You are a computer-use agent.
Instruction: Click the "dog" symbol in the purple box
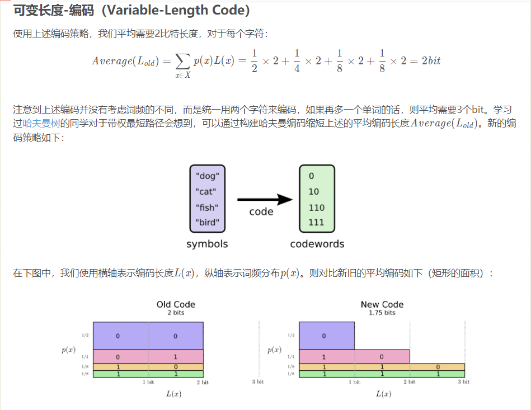207,176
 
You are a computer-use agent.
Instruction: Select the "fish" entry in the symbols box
207,207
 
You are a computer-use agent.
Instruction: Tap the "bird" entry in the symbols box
207,223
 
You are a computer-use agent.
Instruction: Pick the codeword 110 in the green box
316,207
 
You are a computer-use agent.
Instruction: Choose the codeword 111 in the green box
316,223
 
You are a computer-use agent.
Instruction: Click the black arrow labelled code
265,200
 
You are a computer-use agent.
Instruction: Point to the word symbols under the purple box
207,244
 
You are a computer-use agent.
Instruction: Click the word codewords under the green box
317,244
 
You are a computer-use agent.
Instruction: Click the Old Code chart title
176,304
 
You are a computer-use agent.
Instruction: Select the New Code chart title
382,304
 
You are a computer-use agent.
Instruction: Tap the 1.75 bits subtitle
382,313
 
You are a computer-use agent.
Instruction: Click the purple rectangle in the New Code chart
327,336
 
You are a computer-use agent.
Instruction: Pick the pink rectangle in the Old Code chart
148,356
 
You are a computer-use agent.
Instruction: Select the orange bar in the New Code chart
382,367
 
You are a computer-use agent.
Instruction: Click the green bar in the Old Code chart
148,374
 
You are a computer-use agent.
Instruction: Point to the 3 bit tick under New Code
463,381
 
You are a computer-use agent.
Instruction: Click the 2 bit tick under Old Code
202,382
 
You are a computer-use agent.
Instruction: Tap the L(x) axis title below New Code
383,394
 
